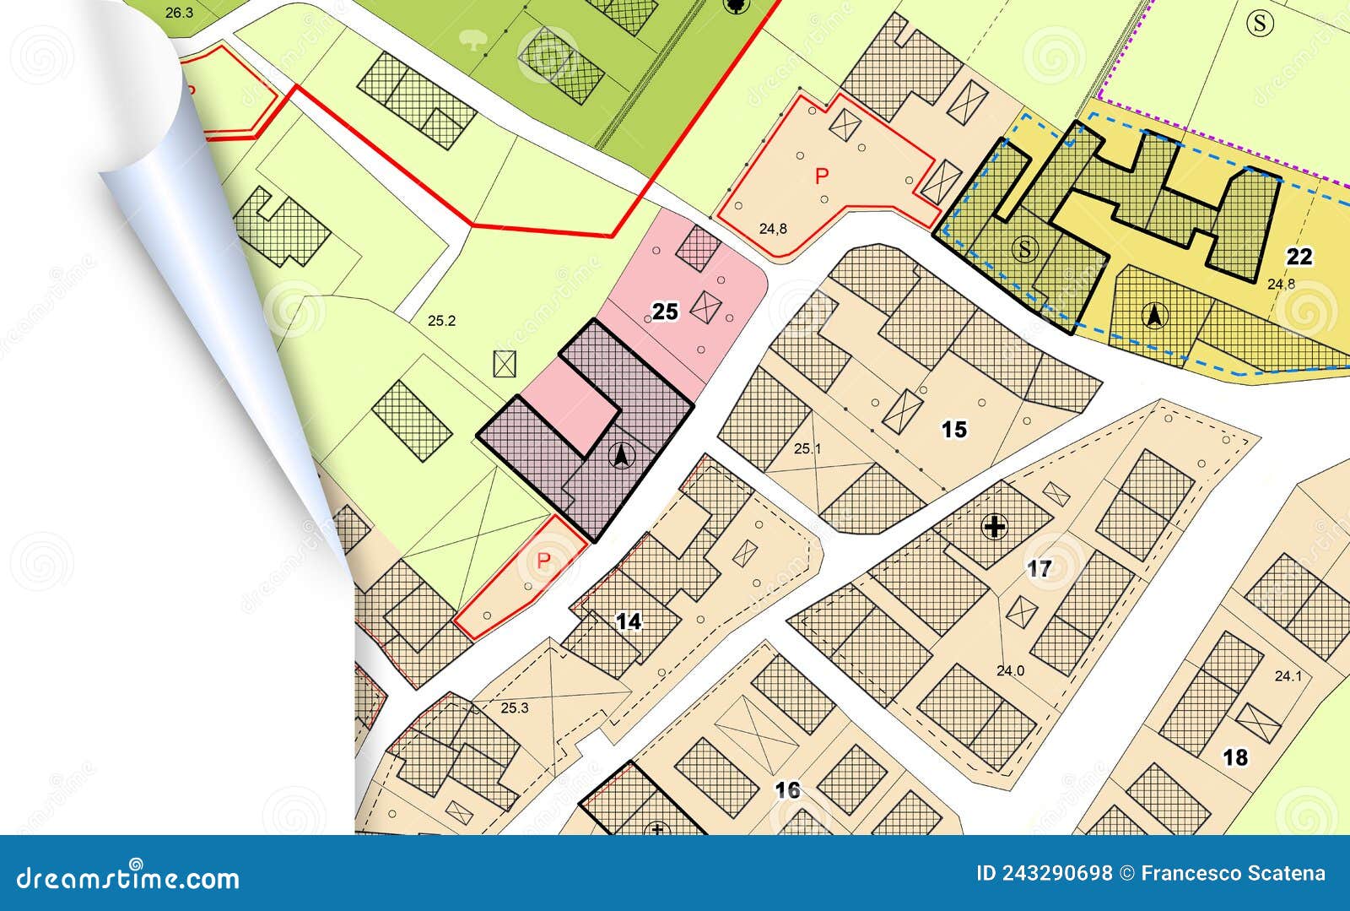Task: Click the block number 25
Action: click(665, 312)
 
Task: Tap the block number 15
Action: click(953, 430)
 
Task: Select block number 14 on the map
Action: click(629, 622)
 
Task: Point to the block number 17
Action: click(1039, 569)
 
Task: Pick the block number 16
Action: click(787, 790)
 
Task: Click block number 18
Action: click(1235, 757)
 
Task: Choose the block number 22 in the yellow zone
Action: click(1300, 256)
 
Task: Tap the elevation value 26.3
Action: click(179, 12)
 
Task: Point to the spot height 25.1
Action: click(807, 448)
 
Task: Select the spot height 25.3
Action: click(514, 708)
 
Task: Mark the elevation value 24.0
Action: click(1009, 671)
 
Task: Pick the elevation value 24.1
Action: click(1288, 675)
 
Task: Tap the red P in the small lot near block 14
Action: click(544, 561)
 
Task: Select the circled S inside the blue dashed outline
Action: click(1025, 249)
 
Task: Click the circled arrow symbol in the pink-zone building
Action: click(622, 457)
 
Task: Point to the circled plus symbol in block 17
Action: click(996, 529)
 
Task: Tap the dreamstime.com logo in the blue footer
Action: click(128, 878)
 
